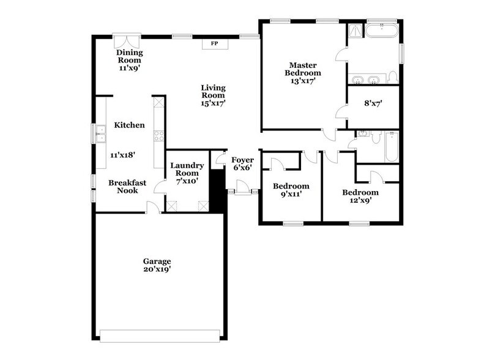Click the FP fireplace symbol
214,44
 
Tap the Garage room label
157,261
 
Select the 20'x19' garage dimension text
157,269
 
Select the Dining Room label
129,56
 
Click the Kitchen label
129,125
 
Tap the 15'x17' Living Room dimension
213,103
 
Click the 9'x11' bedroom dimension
291,195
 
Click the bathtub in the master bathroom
382,29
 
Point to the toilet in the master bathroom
392,77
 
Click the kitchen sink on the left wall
99,133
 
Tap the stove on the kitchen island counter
158,136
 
